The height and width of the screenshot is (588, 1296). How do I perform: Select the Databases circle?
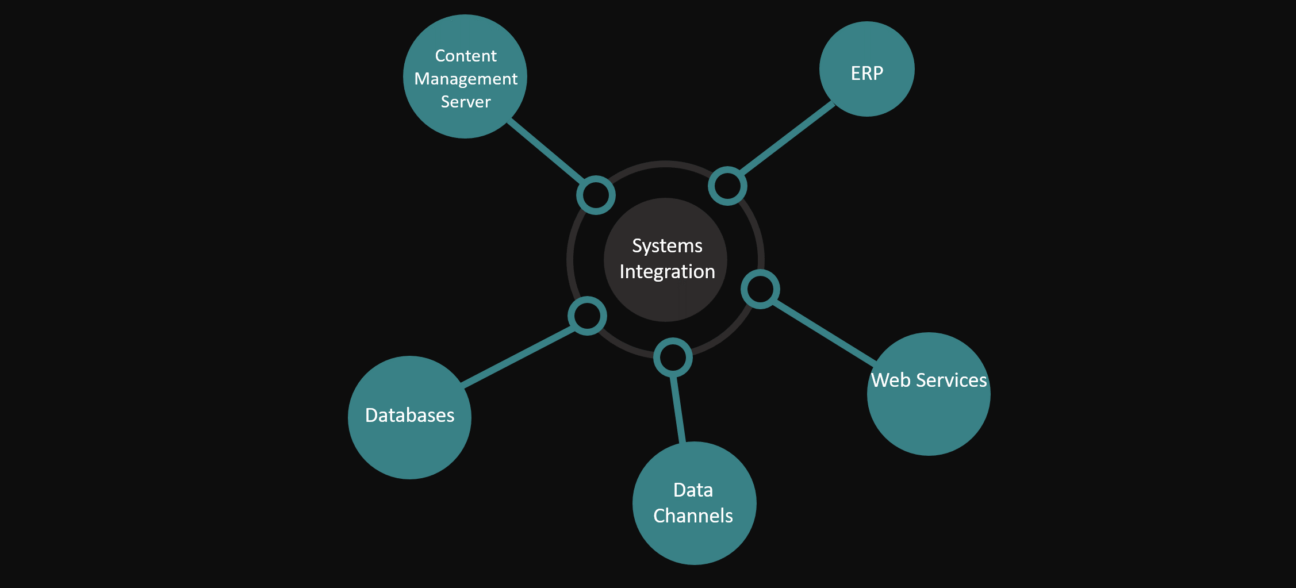coord(409,437)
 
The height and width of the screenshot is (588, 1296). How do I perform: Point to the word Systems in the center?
coord(667,246)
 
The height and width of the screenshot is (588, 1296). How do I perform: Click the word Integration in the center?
coord(667,271)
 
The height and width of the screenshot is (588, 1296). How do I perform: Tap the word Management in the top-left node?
coord(466,79)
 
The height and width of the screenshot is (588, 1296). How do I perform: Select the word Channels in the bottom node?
coord(693,516)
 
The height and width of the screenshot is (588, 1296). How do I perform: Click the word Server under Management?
coord(466,102)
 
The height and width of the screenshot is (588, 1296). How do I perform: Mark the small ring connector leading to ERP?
coord(727,186)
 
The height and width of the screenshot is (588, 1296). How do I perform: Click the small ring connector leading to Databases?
coord(587,316)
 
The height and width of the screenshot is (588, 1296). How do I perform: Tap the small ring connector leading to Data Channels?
coord(673,358)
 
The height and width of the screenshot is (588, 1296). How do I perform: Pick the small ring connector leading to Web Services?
coord(760,289)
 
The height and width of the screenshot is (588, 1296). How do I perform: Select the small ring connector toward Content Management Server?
coord(596,195)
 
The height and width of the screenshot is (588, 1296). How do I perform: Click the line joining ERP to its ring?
coord(787,138)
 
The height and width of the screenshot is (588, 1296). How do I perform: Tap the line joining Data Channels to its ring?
coord(678,409)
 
